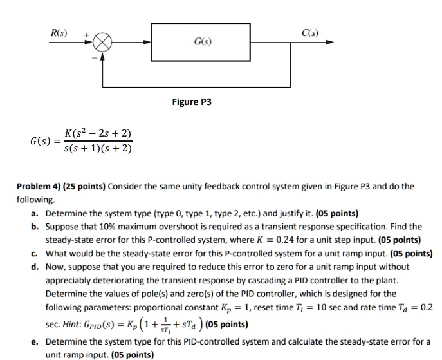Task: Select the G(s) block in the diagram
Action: click(203, 43)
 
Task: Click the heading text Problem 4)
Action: click(36, 187)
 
